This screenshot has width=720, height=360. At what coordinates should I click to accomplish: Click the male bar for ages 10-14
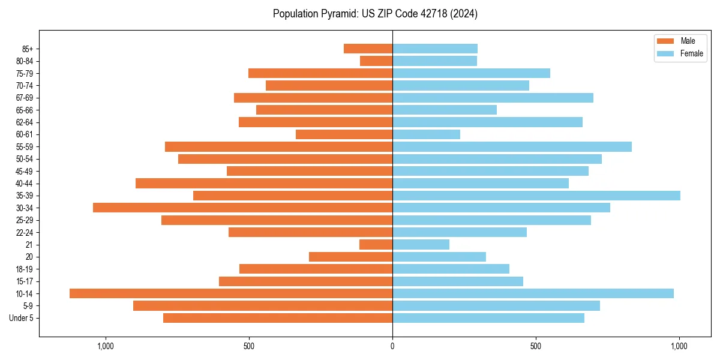[231, 293]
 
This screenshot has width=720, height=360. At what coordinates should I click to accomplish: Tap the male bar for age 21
[376, 244]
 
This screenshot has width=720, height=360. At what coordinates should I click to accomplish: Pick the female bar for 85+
[435, 49]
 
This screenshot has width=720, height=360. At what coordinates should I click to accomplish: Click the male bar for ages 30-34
[243, 208]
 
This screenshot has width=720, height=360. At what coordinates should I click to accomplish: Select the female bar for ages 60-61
[426, 134]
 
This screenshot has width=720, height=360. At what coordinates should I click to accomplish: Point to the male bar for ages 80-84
[376, 61]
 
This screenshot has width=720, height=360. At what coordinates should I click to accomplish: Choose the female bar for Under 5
[488, 318]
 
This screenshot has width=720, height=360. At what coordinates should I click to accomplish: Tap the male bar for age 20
[351, 257]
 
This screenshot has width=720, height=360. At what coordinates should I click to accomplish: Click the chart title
[375, 14]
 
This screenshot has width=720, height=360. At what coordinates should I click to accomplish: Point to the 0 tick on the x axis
[392, 346]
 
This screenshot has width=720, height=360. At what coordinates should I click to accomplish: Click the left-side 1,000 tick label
[105, 346]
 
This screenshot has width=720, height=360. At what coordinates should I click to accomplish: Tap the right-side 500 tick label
[536, 346]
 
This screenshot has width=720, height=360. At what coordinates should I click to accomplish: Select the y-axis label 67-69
[25, 98]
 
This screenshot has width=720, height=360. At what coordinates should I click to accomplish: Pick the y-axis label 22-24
[25, 232]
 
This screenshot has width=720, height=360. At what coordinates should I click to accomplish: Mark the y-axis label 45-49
[25, 171]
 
